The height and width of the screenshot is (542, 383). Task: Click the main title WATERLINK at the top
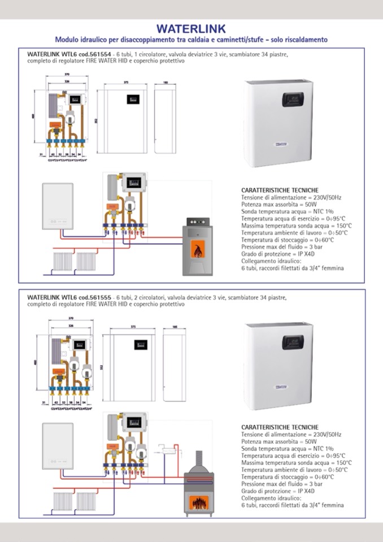tap(191, 28)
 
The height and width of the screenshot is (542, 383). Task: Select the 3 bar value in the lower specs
tap(312, 484)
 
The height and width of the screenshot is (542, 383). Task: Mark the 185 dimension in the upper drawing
tap(166, 83)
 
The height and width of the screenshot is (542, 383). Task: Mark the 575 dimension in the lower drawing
tap(134, 327)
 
